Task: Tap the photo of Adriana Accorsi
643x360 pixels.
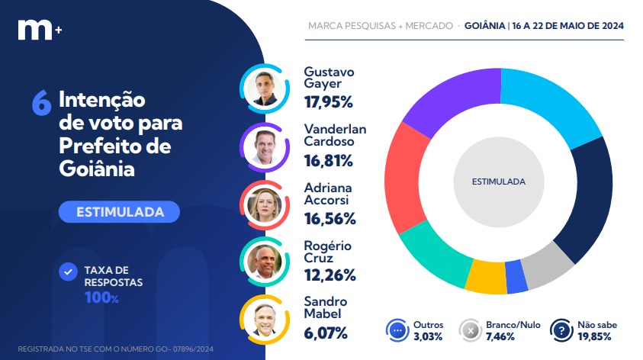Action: [264, 204]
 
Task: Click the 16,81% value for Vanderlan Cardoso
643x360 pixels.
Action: [329, 160]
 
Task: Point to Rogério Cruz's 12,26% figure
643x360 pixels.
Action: [330, 275]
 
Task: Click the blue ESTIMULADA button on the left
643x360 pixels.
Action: [119, 211]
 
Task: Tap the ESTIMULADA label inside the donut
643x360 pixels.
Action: [499, 182]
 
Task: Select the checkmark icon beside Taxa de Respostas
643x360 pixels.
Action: [69, 271]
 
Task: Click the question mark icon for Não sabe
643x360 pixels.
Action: [562, 331]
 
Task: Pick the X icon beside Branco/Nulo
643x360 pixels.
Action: [471, 331]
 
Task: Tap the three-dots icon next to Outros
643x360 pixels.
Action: [398, 331]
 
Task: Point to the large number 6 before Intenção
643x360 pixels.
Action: [41, 104]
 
